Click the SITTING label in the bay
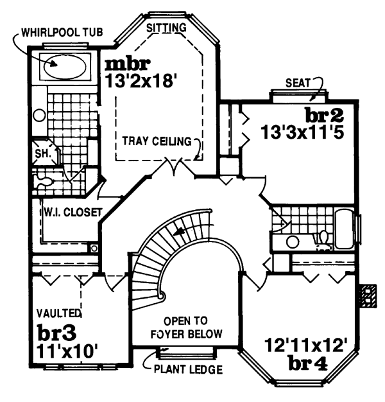point(166,28)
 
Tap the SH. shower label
point(42,154)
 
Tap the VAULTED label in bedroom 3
point(59,313)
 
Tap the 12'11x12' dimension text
point(306,344)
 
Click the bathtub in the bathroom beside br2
point(345,230)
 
